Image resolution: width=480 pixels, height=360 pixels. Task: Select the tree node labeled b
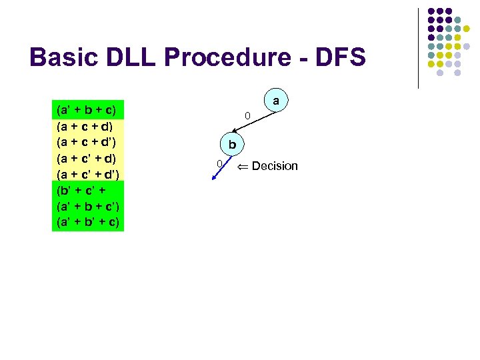232,143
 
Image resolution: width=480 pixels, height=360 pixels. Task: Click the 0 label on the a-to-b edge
247,117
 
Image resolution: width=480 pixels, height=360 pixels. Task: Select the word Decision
275,166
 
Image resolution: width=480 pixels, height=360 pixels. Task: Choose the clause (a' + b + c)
87,109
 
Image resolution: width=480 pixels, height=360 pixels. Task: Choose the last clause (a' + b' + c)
88,223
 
